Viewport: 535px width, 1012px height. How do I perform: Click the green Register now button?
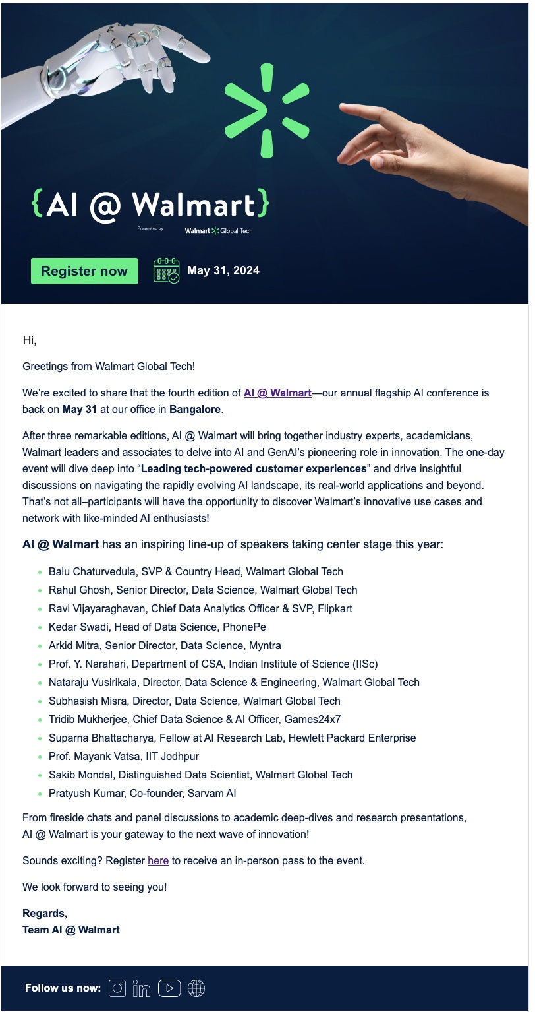click(x=84, y=271)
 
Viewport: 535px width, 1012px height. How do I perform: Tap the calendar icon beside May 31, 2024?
click(x=166, y=270)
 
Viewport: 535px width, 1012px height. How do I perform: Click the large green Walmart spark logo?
click(x=266, y=111)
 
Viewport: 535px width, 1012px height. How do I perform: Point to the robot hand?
click(x=119, y=66)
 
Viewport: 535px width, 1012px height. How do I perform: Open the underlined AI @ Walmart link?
click(x=277, y=393)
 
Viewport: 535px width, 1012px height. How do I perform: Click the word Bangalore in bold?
click(x=195, y=409)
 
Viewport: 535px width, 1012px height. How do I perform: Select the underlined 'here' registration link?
click(x=158, y=860)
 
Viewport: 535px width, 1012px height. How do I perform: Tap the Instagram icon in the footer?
click(x=117, y=988)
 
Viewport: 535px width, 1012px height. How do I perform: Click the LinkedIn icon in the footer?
click(x=142, y=988)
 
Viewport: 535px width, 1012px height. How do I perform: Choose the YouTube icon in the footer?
click(x=169, y=988)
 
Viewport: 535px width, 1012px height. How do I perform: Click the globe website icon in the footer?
click(x=196, y=988)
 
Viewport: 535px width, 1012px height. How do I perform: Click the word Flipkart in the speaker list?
click(x=333, y=608)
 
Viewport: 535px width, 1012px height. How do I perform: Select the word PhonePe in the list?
click(x=244, y=627)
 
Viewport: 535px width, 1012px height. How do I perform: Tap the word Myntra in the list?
click(x=264, y=645)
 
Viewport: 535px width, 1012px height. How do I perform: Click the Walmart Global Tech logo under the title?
click(x=219, y=230)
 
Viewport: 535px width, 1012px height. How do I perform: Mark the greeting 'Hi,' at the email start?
click(x=30, y=340)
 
